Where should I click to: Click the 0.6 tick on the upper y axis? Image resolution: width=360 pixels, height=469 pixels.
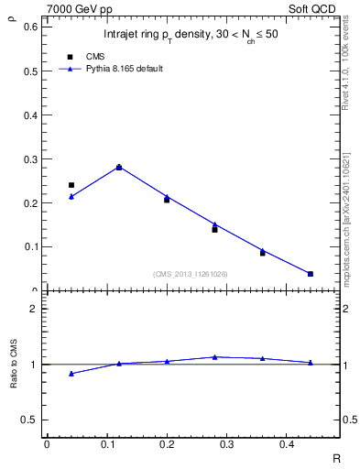[30, 27]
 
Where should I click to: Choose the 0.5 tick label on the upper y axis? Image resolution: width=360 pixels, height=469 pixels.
[30, 71]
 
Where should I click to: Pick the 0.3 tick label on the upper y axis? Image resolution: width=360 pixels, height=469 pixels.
[30, 158]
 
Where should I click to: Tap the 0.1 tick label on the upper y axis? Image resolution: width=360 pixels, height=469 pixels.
[30, 246]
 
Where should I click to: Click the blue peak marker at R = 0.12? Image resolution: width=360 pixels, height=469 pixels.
[119, 167]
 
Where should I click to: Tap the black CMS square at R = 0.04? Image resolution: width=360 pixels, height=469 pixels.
[71, 185]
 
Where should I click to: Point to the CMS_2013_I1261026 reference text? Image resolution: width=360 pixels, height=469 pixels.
[190, 274]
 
